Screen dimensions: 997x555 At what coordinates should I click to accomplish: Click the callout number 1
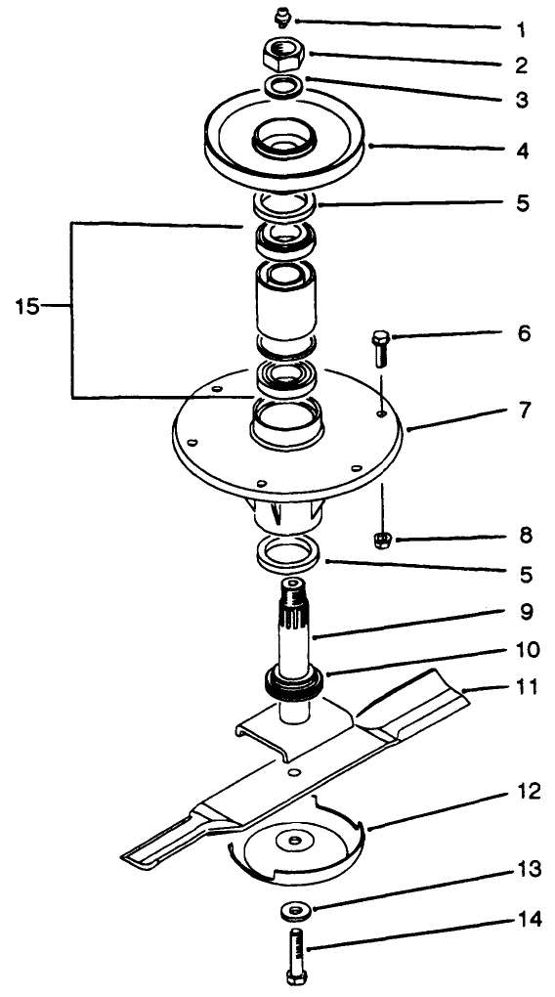click(524, 25)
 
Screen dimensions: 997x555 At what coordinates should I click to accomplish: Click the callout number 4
click(524, 152)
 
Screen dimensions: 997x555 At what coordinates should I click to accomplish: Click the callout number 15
click(27, 306)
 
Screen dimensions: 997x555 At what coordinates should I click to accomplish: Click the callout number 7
click(524, 410)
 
